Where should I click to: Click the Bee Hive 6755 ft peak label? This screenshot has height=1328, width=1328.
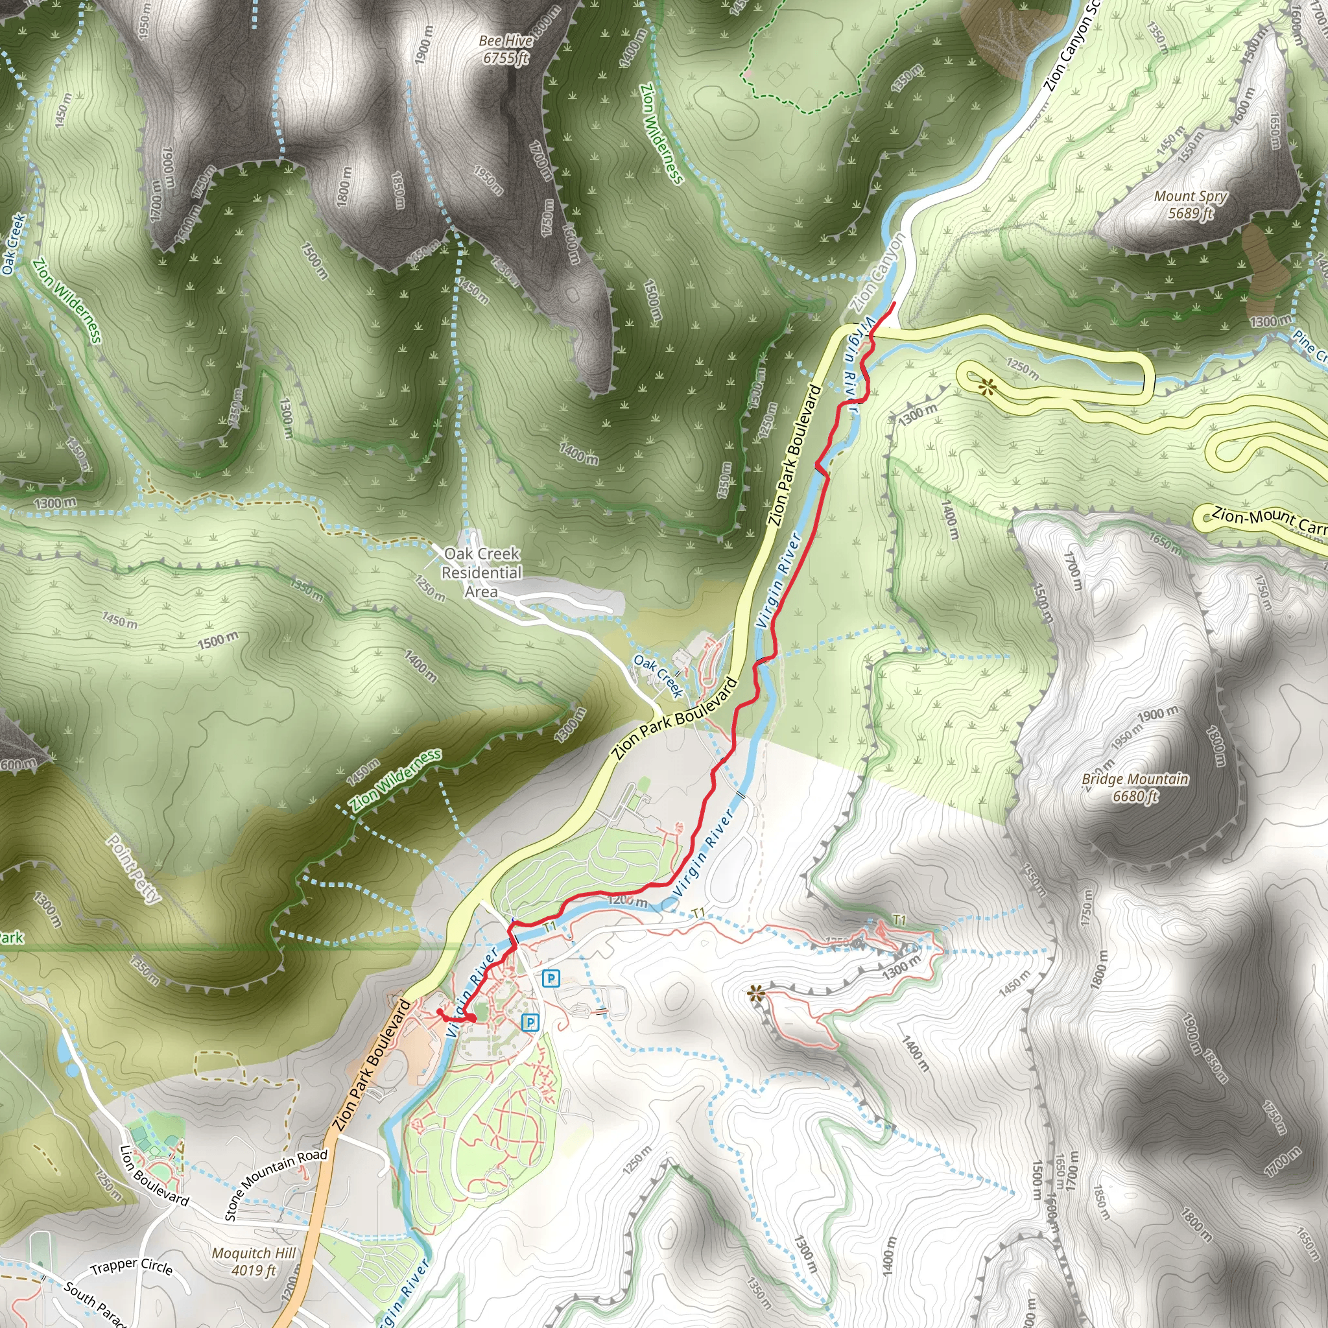(x=506, y=49)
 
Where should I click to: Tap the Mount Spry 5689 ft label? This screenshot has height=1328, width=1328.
(x=1190, y=205)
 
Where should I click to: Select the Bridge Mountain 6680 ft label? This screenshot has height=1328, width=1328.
(x=1135, y=788)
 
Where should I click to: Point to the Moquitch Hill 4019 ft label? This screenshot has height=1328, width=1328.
(x=254, y=1262)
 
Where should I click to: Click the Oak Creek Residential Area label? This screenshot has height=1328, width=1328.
(x=481, y=573)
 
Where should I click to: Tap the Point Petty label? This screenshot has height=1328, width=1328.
(x=134, y=869)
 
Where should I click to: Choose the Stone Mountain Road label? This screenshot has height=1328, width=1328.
(x=276, y=1183)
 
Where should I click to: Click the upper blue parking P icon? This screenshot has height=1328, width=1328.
(x=551, y=978)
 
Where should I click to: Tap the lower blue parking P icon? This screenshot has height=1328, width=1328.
(x=529, y=1023)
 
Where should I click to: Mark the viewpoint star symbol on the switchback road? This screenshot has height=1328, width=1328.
(x=988, y=386)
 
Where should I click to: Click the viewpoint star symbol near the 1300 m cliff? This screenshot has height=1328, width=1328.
(x=755, y=993)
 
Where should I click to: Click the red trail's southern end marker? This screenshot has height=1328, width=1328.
(x=470, y=1018)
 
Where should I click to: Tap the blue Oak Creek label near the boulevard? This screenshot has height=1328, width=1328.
(x=658, y=676)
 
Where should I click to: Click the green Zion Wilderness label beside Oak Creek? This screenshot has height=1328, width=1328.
(x=67, y=300)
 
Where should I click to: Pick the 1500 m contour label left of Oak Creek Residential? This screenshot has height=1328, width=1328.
(x=218, y=641)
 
